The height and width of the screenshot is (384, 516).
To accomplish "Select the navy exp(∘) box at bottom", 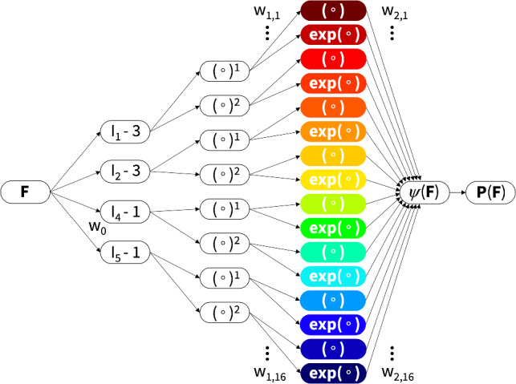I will pyautogui.click(x=333, y=373).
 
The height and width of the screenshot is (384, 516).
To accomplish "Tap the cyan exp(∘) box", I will pyautogui.click(x=333, y=277).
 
